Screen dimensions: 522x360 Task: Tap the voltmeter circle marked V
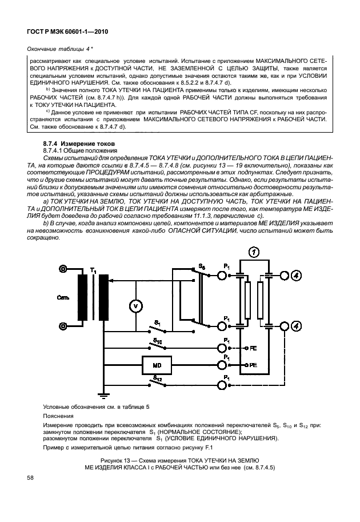pyautogui.click(x=135, y=305)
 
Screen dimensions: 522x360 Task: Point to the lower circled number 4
pyautogui.click(x=296, y=326)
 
